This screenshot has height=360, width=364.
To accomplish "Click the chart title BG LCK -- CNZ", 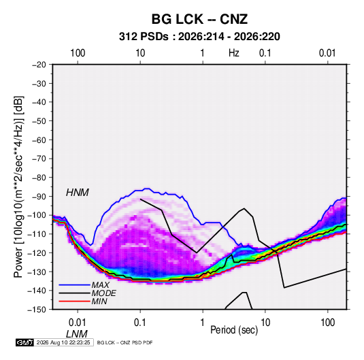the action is [x=199, y=19].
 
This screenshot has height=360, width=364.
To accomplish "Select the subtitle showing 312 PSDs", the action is [x=199, y=37].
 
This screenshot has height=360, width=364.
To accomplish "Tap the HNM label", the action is [x=78, y=193].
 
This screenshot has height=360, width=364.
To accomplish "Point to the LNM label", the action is [x=77, y=334].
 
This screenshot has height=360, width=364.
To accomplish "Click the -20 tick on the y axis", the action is [x=39, y=65].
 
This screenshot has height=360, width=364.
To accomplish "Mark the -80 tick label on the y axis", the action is [x=39, y=178].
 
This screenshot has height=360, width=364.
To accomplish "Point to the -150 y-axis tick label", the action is [x=37, y=310].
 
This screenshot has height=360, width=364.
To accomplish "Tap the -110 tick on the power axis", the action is [x=37, y=234].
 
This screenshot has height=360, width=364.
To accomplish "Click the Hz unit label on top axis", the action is [x=234, y=53].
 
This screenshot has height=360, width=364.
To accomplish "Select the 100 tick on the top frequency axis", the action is [x=78, y=53].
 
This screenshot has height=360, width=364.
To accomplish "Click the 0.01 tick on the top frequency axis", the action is [x=327, y=53].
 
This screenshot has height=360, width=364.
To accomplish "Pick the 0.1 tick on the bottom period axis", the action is [x=140, y=323].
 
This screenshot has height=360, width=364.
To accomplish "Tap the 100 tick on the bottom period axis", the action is [x=327, y=323].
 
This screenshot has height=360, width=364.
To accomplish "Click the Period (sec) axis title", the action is [x=234, y=330].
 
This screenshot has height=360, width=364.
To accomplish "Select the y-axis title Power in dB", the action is [x=18, y=186].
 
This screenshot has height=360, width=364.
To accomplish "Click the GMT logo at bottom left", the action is [x=24, y=342].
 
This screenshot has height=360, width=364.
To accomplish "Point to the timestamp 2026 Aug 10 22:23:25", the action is [x=63, y=342].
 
